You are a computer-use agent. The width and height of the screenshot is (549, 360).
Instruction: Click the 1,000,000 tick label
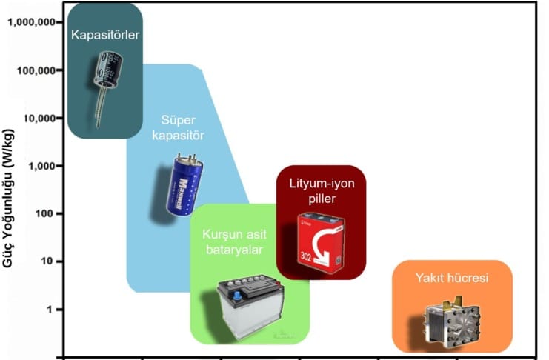[x=33, y=22]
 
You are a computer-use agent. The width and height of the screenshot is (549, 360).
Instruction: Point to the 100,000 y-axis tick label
[x=36, y=70]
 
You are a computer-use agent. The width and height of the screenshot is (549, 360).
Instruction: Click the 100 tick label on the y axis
[x=46, y=213]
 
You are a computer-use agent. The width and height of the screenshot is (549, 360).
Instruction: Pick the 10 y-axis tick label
[x=49, y=261]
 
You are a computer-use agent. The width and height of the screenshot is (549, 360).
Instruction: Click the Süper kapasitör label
[x=183, y=127]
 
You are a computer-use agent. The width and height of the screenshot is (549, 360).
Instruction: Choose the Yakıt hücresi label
[x=452, y=279]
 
